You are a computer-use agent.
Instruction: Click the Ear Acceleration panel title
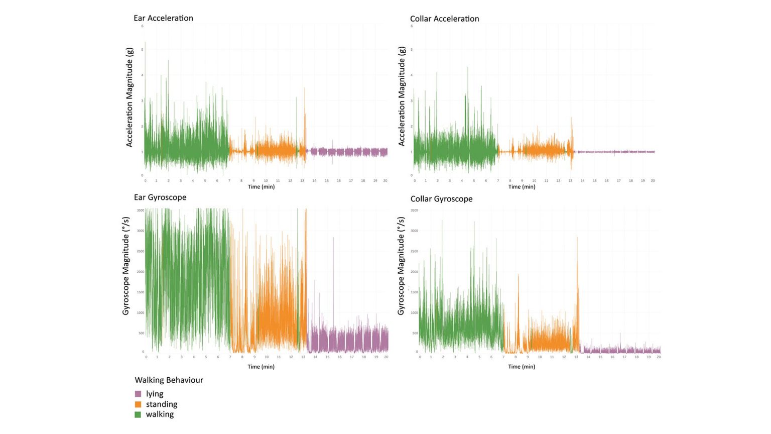pyautogui.click(x=163, y=18)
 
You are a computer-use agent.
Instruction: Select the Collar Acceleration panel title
pyautogui.click(x=444, y=19)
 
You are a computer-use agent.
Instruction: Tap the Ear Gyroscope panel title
pyautogui.click(x=160, y=197)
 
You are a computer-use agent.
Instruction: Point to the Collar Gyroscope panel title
pyautogui.click(x=441, y=199)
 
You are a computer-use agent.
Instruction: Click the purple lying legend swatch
pyautogui.click(x=138, y=394)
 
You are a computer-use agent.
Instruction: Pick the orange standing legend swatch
pyautogui.click(x=138, y=404)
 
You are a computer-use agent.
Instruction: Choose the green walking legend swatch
pyautogui.click(x=138, y=414)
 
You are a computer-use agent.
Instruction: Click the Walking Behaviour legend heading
pyautogui.click(x=169, y=380)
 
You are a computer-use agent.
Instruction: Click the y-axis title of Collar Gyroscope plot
pyautogui.click(x=401, y=266)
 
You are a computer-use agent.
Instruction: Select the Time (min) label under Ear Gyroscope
pyautogui.click(x=261, y=367)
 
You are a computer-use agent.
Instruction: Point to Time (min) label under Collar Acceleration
pyautogui.click(x=522, y=187)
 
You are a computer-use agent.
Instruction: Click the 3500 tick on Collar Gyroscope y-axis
pyautogui.click(x=414, y=210)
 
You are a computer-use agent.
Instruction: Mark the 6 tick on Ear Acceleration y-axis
pyautogui.click(x=143, y=26)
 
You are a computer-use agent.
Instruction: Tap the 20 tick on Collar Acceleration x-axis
pyautogui.click(x=653, y=180)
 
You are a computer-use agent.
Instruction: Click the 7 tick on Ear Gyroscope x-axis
pyautogui.click(x=230, y=357)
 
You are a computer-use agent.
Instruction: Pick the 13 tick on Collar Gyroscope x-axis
pyautogui.click(x=576, y=357)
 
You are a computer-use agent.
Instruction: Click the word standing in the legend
pyautogui.click(x=162, y=404)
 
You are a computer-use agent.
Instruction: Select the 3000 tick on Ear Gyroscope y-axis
pyautogui.click(x=141, y=231)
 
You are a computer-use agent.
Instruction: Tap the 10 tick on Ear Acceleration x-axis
pyautogui.click(x=266, y=180)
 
